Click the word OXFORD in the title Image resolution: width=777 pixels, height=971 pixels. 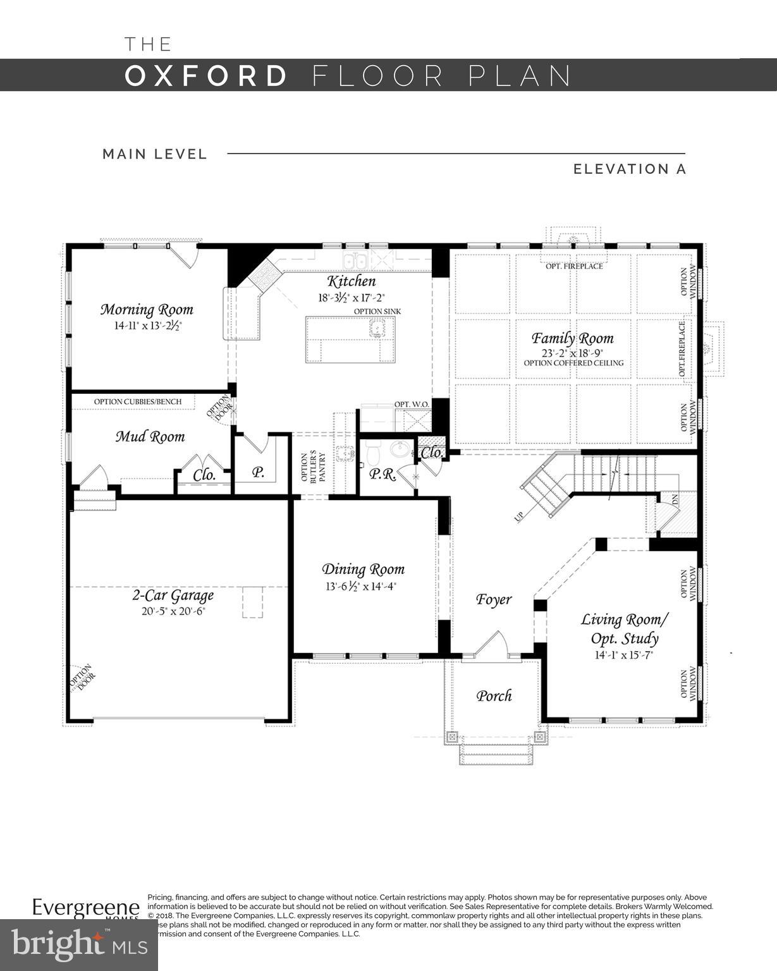pos(207,76)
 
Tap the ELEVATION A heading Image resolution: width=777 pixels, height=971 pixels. pos(629,169)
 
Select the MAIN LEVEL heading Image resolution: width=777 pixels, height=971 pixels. pos(155,154)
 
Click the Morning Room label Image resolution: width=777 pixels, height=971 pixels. pos(147,309)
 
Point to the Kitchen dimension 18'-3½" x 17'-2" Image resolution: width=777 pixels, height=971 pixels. pos(352,296)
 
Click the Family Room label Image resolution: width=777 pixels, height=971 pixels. pos(572,338)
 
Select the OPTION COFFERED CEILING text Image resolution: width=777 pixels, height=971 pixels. pos(573,363)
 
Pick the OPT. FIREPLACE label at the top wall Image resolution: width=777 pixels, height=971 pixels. pos(574,266)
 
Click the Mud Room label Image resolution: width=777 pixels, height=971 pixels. pos(150,436)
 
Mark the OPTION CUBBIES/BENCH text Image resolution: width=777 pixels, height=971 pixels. pos(138,401)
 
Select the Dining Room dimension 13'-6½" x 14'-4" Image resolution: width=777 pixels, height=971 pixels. pos(361,586)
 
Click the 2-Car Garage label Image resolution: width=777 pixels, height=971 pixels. pos(173,595)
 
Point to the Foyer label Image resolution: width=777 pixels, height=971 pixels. pos(493,599)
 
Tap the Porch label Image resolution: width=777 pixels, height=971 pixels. pos(494,695)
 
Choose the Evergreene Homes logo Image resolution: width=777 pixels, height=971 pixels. pos(86,908)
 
